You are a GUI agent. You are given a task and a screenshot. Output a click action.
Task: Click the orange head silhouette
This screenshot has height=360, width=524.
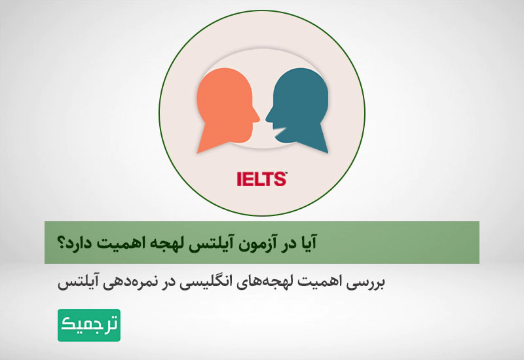point(225,107)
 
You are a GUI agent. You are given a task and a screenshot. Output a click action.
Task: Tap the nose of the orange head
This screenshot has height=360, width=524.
point(257,118)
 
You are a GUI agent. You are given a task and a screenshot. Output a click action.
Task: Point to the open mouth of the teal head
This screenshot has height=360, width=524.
point(280,131)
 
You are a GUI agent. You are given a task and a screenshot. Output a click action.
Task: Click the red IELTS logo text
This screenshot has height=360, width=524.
point(262,179)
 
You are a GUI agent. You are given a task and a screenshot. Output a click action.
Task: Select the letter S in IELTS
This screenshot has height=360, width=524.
point(280,179)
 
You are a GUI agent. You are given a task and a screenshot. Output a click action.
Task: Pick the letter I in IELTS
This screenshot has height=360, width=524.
point(239,179)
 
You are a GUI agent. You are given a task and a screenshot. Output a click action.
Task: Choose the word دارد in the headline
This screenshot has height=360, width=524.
point(83,242)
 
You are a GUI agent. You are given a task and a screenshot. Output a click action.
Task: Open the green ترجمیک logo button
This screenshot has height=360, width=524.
point(89,325)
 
